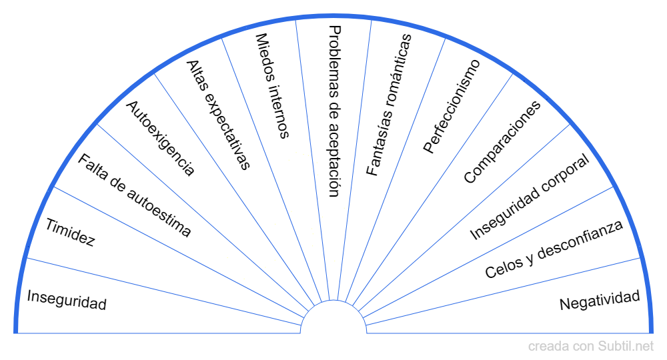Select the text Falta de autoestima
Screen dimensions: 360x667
(x=134, y=195)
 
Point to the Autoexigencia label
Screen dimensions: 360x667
(x=161, y=139)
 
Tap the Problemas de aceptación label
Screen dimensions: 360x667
(x=335, y=111)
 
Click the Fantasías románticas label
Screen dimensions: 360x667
(x=390, y=104)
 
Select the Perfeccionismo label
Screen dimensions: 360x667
(x=452, y=106)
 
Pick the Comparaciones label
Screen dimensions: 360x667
(x=502, y=141)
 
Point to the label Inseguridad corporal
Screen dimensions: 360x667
(x=530, y=197)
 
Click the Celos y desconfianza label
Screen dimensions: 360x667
(x=554, y=249)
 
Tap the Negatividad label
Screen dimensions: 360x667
(x=600, y=301)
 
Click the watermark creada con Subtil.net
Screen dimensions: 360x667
(x=591, y=346)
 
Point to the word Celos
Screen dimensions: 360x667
(x=500, y=268)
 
